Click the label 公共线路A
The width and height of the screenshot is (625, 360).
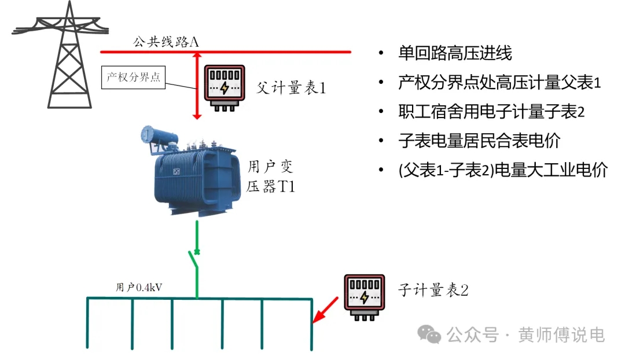point(166,42)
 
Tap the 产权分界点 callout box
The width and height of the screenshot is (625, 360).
point(133,78)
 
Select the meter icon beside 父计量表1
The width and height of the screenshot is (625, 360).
point(226,87)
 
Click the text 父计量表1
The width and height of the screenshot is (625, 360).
point(291,88)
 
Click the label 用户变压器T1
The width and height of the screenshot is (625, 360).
point(271,177)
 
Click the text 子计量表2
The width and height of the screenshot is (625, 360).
point(433,290)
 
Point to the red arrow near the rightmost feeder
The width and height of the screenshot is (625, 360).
point(326,310)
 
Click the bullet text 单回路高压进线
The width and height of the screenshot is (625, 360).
point(455,54)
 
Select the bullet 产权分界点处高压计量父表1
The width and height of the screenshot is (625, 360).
point(499,82)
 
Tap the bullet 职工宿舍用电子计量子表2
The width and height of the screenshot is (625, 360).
point(491,111)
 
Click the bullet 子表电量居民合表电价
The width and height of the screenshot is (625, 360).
point(479,141)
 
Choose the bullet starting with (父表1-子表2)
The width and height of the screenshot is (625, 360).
point(502,170)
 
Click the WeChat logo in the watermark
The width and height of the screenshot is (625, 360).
point(431,334)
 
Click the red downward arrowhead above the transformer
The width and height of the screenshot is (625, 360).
point(197,116)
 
